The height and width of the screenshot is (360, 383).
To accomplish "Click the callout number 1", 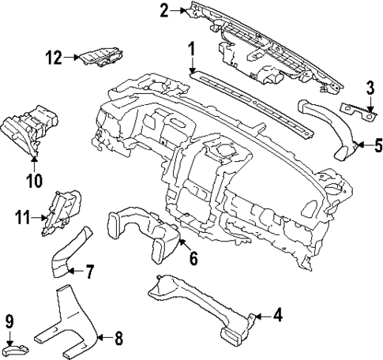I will [191, 49].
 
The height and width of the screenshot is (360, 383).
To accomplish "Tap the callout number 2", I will [164, 10].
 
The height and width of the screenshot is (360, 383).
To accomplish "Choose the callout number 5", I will [378, 144].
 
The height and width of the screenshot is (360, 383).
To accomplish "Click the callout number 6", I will [193, 258].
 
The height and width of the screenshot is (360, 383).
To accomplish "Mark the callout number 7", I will [89, 272].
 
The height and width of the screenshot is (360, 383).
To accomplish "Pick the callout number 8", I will [118, 340].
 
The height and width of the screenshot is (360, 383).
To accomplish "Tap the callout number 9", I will [10, 321].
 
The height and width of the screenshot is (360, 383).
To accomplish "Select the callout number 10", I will [32, 181].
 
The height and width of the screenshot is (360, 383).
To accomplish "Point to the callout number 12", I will [54, 57].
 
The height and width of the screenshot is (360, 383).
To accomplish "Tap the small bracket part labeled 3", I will [356, 111].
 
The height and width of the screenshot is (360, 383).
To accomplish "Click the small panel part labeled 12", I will [102, 58].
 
